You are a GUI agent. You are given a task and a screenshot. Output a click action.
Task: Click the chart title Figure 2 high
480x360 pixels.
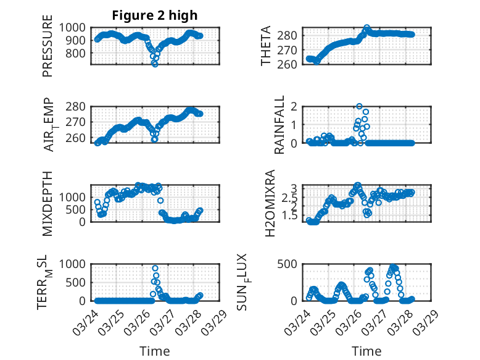pyautogui.click(x=154, y=15)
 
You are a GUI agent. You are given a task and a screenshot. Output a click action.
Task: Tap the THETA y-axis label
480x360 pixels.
pyautogui.click(x=266, y=46)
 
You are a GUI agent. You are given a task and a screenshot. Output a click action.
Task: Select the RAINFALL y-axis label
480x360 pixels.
pyautogui.click(x=279, y=125)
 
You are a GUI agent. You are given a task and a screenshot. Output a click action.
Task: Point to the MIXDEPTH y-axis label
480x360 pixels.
pyautogui.click(x=48, y=204)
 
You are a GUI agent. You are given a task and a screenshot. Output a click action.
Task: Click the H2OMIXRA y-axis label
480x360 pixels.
pyautogui.click(x=270, y=204)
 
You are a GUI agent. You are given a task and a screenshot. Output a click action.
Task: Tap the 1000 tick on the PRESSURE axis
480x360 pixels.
pyautogui.click(x=74, y=27)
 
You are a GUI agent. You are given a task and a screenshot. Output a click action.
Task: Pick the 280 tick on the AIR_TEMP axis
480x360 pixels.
pyautogui.click(x=78, y=106)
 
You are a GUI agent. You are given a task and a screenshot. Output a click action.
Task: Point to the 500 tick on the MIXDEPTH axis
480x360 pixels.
pyautogui.click(x=78, y=209)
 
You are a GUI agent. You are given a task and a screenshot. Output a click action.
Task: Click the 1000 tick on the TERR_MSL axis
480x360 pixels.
pyautogui.click(x=74, y=264)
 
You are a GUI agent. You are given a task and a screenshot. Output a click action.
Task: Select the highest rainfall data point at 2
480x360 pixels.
pyautogui.click(x=359, y=107)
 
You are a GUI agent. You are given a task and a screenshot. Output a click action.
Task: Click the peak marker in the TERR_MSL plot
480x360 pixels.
pyautogui.click(x=155, y=269)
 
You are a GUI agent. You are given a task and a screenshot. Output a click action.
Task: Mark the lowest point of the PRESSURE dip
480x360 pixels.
pyautogui.click(x=155, y=64)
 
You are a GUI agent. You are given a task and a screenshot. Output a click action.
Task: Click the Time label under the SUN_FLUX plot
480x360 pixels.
pyautogui.click(x=366, y=351)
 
